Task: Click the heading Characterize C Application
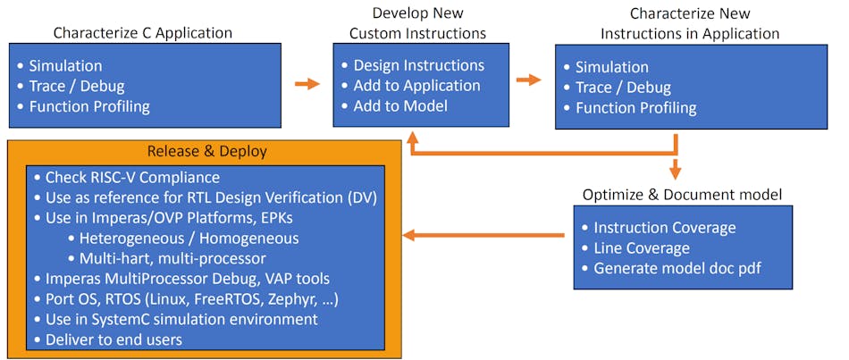(142, 33)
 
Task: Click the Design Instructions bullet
(418, 65)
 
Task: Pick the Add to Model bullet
(401, 106)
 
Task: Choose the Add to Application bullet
(416, 86)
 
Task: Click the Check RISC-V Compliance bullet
(132, 176)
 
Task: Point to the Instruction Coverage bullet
(664, 227)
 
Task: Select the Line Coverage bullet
(642, 247)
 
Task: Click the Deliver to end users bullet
(113, 339)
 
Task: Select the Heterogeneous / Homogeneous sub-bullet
(189, 238)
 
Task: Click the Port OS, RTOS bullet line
(191, 298)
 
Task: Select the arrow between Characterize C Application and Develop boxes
(307, 83)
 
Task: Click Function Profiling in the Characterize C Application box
(89, 106)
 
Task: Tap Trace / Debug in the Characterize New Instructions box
(623, 88)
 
